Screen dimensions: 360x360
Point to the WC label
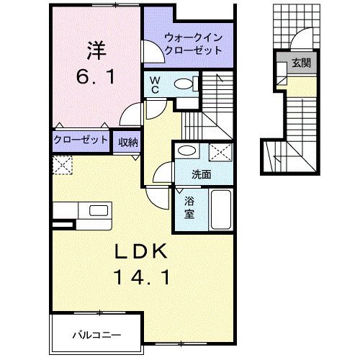(x=154, y=86)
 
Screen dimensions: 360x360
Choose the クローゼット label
(x=80, y=140)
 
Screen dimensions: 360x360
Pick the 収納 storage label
(x=129, y=140)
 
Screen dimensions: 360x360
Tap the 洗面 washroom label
(x=201, y=174)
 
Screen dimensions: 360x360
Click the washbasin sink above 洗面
(x=186, y=152)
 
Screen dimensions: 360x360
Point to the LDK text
(x=143, y=251)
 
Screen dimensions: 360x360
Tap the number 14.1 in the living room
(x=143, y=276)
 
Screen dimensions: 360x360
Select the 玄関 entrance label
(x=300, y=63)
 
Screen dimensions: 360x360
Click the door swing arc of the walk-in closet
(x=152, y=53)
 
